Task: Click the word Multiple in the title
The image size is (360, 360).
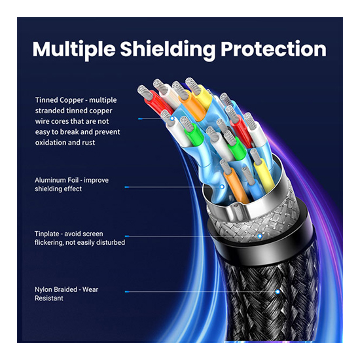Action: tap(74, 50)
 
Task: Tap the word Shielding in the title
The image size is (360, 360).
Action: tap(168, 50)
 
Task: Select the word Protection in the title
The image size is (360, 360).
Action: tap(274, 49)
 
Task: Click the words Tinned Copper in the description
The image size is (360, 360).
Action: tap(60, 100)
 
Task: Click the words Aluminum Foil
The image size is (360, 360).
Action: tap(56, 180)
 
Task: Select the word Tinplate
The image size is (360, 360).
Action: tap(47, 234)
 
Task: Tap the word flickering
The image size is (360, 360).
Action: tap(49, 242)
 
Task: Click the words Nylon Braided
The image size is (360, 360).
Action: tap(55, 290)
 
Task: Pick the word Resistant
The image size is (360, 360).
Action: tap(49, 298)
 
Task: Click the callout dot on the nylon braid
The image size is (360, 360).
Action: tap(278, 292)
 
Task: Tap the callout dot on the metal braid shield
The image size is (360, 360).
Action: tap(260, 236)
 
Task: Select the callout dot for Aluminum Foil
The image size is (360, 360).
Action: tap(222, 187)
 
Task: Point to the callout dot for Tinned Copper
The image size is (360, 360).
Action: tap(172, 118)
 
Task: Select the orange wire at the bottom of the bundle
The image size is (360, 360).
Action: tap(236, 185)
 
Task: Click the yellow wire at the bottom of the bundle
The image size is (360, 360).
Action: tap(264, 176)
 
